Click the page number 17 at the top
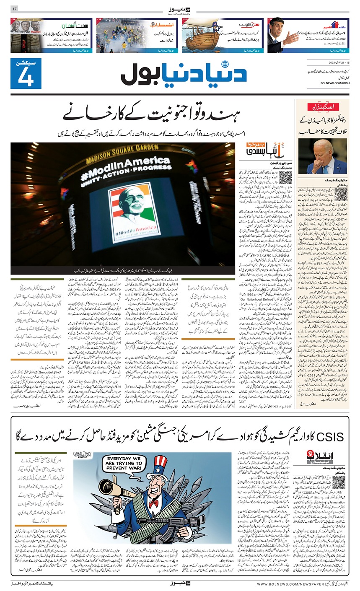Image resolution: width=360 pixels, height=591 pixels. click(14, 9)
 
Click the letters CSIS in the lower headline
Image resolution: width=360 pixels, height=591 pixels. click(327, 437)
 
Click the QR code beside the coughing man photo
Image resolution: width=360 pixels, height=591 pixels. click(340, 194)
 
